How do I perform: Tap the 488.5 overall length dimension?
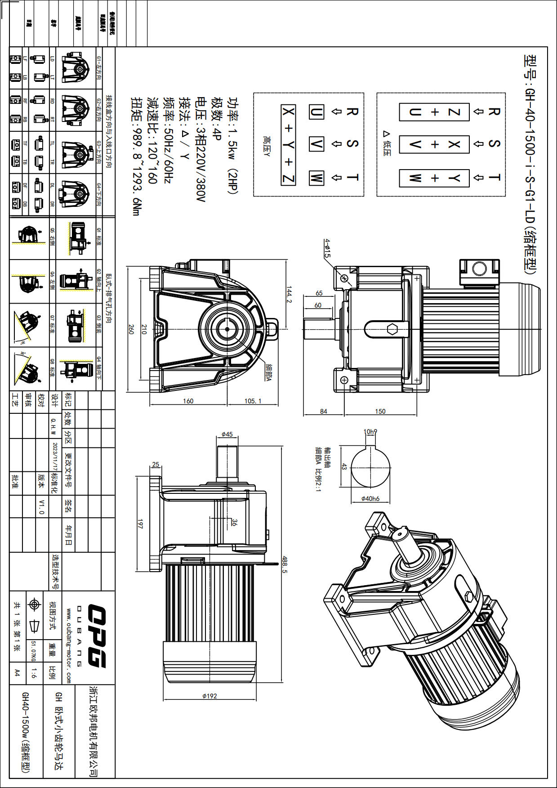(285, 564)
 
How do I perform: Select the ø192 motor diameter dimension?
(209, 696)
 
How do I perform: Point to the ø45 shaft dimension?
(227, 434)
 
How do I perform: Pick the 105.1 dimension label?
(253, 401)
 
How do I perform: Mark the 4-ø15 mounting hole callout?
(327, 248)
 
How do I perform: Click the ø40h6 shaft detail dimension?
(370, 498)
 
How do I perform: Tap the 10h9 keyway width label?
(370, 432)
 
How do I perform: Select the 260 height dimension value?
(131, 329)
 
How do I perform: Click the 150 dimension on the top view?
(380, 411)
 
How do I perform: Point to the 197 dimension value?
(140, 524)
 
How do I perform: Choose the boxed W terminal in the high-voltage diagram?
(316, 178)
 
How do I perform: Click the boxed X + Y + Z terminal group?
(289, 145)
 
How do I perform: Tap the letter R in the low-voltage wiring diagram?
(494, 111)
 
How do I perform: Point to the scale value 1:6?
(34, 673)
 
